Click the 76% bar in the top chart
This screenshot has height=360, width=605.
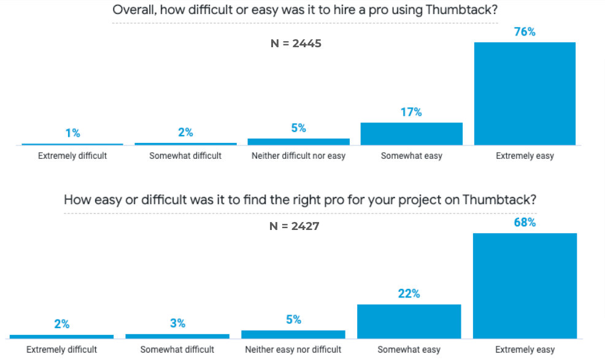tap(525, 93)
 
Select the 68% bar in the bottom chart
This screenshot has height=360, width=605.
tap(525, 286)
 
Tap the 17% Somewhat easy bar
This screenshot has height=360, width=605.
tap(411, 134)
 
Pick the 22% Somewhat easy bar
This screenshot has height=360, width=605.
tap(409, 321)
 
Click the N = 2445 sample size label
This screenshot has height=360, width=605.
tap(297, 44)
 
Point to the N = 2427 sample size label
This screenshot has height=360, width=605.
tap(295, 226)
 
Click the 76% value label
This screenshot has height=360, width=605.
tap(525, 32)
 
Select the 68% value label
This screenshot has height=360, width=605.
tap(525, 223)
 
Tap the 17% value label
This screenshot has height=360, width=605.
tap(411, 112)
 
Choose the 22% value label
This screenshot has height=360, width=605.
tap(409, 294)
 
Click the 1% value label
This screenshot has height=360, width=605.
tap(72, 133)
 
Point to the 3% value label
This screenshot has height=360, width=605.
tap(177, 323)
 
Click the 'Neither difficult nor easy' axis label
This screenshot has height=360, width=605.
tap(298, 156)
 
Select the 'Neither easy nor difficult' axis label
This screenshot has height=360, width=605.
tap(293, 350)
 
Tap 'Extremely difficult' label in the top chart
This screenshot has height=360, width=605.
tap(72, 156)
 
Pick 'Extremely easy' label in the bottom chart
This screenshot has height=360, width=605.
tap(525, 350)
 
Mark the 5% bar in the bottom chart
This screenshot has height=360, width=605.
tap(293, 334)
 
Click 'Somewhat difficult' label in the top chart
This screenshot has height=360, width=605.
tap(185, 156)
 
